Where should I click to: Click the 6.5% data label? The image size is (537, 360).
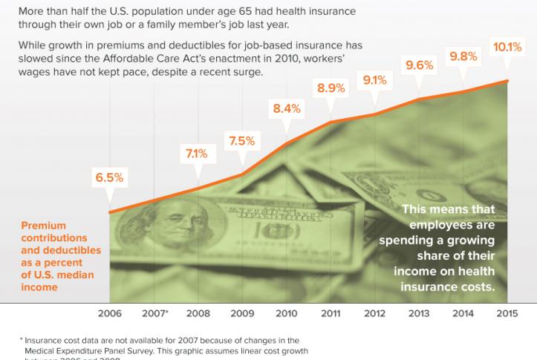point(109,179)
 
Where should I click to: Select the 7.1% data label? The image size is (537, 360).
point(198,154)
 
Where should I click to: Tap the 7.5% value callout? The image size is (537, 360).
point(242,140)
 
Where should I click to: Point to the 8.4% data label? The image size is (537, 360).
point(287,108)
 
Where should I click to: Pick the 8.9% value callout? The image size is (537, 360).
point(331,88)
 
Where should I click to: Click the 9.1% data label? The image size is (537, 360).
point(376,79)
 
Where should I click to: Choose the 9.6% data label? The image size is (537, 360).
point(420,65)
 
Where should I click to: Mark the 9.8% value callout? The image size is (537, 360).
point(463,56)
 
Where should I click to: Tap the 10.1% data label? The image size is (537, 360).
point(508,47)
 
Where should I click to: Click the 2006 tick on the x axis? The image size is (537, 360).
point(109,313)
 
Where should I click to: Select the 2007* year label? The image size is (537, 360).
point(154,313)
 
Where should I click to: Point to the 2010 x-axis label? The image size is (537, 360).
point(287,313)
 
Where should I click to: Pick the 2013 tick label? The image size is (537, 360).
point(420,313)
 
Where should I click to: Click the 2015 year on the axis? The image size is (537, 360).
point(508,313)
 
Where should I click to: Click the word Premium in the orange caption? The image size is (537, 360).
point(43,226)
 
